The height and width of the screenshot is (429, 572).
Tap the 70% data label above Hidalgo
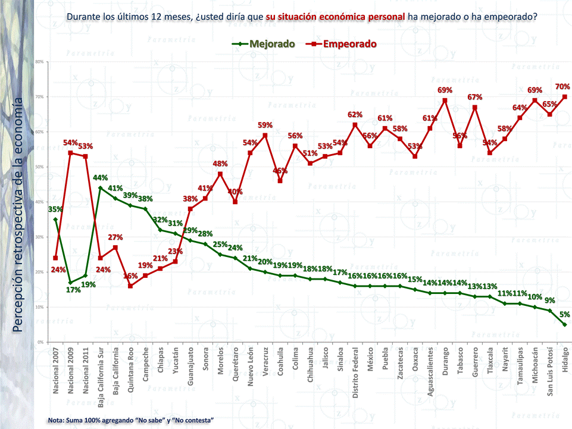[x=562, y=86]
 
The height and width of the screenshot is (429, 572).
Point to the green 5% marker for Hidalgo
[x=565, y=324]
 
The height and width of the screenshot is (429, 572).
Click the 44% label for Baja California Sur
[x=101, y=178]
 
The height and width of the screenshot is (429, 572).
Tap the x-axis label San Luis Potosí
[x=550, y=372]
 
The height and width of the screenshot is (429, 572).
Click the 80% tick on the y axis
[x=39, y=62]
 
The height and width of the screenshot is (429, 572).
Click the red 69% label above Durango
[x=445, y=90]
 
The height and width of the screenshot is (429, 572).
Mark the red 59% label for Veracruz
[x=265, y=125]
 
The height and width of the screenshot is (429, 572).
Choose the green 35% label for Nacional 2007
[x=55, y=209]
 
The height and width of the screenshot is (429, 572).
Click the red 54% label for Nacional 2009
[x=71, y=143]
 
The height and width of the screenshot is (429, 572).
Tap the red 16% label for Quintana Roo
[x=130, y=276]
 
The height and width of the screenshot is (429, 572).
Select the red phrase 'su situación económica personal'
[x=335, y=17]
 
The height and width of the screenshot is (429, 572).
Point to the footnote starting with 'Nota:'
[x=130, y=421]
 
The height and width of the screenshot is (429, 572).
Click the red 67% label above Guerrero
[x=474, y=97]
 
